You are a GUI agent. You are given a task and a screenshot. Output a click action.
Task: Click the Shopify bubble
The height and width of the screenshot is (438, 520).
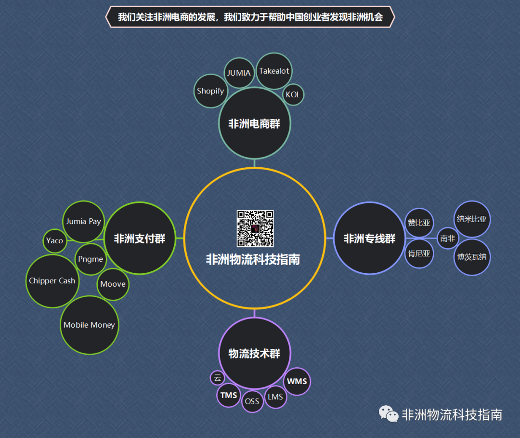pos(210,91)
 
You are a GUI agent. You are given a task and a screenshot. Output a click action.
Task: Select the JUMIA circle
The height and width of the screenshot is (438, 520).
pos(239,73)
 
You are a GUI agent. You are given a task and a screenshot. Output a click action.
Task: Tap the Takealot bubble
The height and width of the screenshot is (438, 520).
pos(274,71)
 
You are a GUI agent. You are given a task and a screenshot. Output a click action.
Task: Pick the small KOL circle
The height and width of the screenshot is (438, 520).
pos(293,94)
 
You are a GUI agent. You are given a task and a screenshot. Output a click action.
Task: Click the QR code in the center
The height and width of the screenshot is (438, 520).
pos(255,228)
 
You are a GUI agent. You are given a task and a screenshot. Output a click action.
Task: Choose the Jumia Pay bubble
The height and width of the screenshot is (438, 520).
pos(84,221)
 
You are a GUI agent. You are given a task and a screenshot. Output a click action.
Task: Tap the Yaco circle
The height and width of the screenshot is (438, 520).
pos(54,240)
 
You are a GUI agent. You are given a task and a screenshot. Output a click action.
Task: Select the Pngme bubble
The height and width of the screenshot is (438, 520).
pos(91,259)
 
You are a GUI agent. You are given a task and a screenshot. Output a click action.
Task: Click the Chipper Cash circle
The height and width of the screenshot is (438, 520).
pos(52,281)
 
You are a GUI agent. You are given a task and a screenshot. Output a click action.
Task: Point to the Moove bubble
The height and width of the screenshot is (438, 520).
pos(113,284)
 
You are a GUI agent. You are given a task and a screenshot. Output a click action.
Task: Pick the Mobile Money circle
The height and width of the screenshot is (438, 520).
pos(89,325)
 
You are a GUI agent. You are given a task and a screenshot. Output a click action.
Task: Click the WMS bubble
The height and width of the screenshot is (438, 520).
pos(297,381)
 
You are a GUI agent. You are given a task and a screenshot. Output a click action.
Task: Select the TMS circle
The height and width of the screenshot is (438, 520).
pos(229,395)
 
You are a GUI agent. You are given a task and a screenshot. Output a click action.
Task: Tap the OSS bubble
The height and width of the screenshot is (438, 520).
pos(252,401)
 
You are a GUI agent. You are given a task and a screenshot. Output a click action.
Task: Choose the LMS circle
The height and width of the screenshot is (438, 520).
pos(275,397)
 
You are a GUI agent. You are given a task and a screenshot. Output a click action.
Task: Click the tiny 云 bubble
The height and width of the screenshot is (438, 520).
pos(217,377)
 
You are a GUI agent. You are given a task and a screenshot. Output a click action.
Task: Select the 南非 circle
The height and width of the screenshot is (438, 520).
pos(447,238)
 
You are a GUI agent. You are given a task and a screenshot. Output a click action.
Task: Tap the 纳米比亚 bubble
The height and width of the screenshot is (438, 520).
pos(472,219)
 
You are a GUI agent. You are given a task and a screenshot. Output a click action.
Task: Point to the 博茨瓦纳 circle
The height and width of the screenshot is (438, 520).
pos(472,257)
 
